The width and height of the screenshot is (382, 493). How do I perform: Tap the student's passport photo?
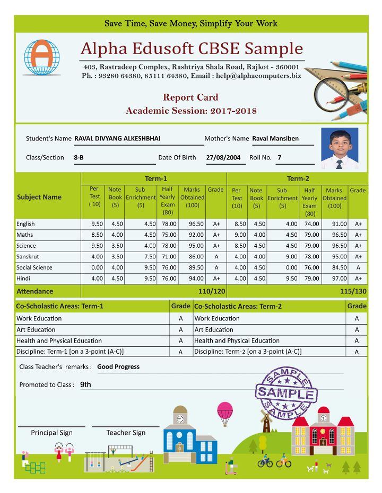(x=340, y=148)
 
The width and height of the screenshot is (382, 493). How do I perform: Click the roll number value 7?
(x=280, y=158)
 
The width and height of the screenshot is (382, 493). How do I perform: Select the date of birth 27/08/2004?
(x=223, y=158)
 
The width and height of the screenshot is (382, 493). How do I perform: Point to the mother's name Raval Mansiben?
(x=275, y=139)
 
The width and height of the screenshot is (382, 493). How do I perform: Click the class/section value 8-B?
(x=79, y=158)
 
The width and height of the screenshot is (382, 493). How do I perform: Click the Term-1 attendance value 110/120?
(x=212, y=291)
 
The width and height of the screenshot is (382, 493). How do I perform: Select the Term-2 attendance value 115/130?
(x=353, y=291)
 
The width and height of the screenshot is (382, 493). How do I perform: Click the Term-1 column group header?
(x=155, y=179)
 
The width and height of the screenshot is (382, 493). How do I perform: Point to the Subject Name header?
(x=39, y=197)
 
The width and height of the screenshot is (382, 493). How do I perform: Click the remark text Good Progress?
(x=118, y=367)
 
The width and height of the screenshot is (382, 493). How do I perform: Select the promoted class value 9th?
(x=85, y=385)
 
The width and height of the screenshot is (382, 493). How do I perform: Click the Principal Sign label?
(x=51, y=433)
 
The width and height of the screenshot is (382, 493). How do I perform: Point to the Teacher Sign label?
(x=126, y=433)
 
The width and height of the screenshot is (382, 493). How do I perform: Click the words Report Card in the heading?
(x=190, y=97)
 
